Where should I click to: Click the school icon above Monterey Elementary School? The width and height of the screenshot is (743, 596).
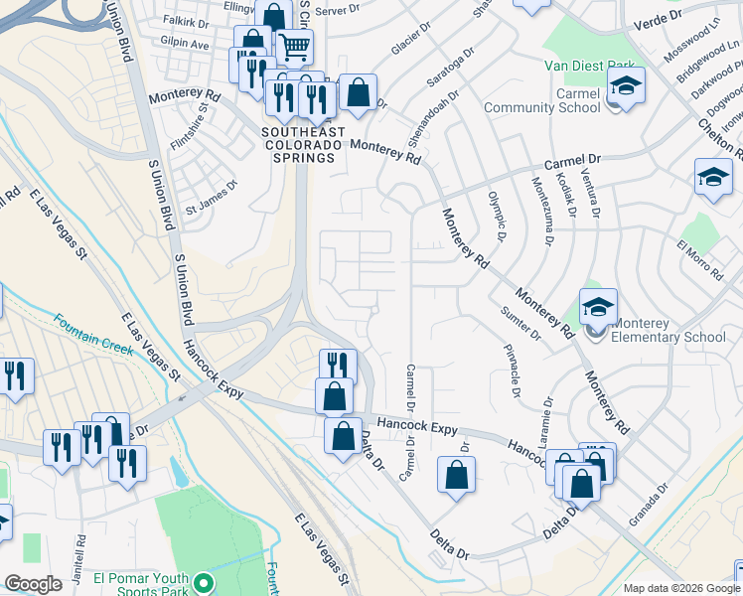pyautogui.click(x=599, y=307)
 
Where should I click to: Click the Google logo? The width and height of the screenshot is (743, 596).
pyautogui.click(x=34, y=583)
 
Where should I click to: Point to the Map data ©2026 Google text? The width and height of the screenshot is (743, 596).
pyautogui.click(x=681, y=588)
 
